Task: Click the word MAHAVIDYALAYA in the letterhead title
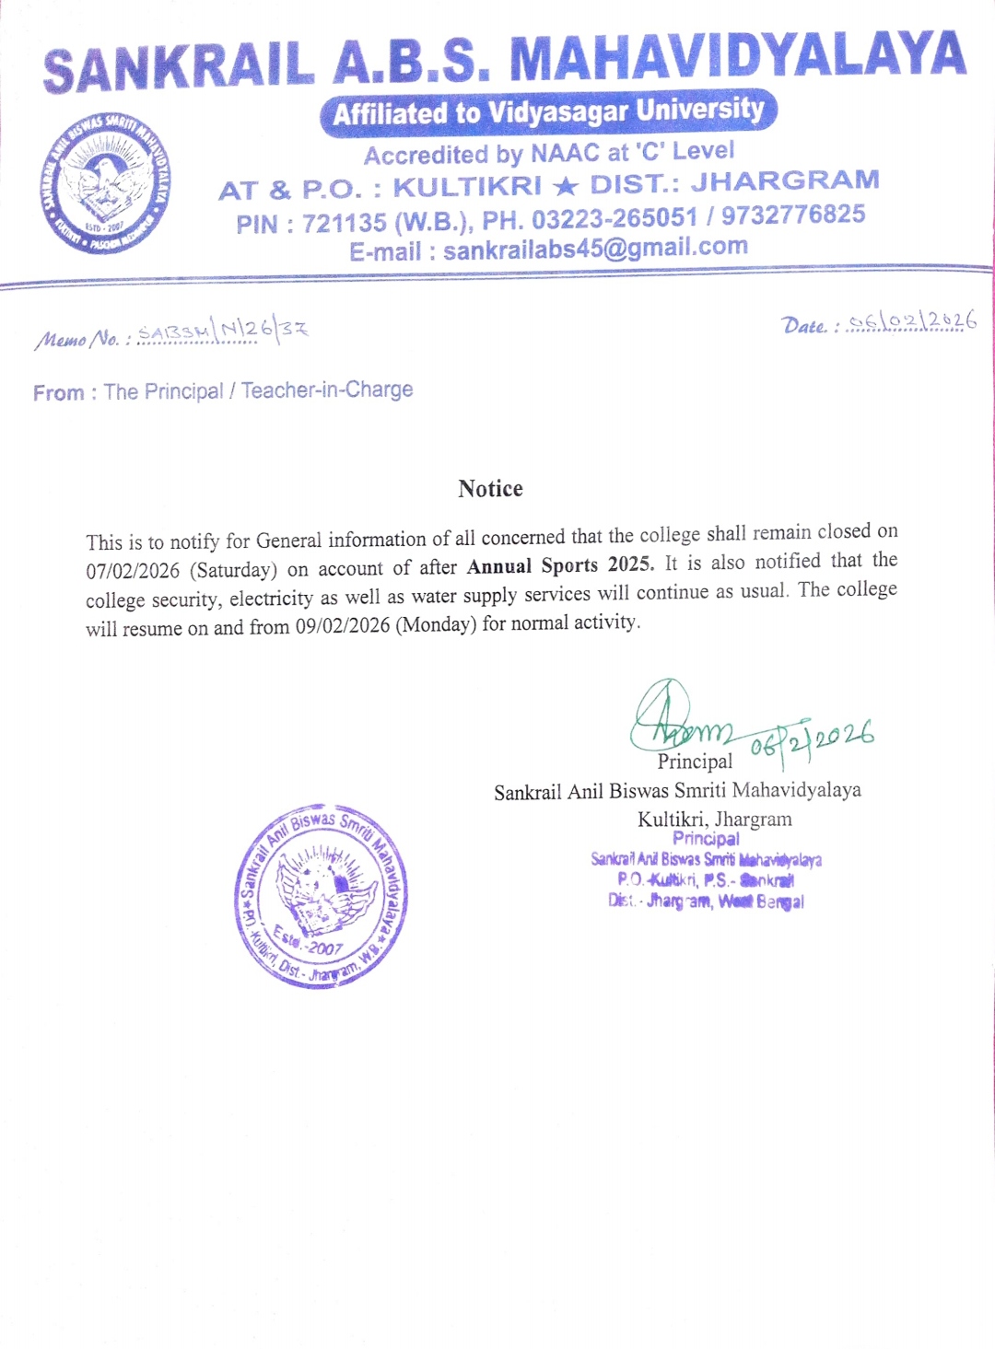pyautogui.click(x=737, y=57)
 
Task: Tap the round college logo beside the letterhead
pyautogui.click(x=106, y=184)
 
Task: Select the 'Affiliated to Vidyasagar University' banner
pyautogui.click(x=548, y=112)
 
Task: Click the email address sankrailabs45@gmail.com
pyautogui.click(x=595, y=248)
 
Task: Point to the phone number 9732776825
pyautogui.click(x=793, y=215)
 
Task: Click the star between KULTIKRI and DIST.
pyautogui.click(x=566, y=186)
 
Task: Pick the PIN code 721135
pyautogui.click(x=344, y=223)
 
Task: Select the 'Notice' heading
pyautogui.click(x=490, y=489)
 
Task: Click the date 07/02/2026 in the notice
pyautogui.click(x=133, y=571)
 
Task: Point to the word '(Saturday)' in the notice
pyautogui.click(x=233, y=570)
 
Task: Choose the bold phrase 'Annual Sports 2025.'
pyautogui.click(x=560, y=565)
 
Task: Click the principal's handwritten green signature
pyautogui.click(x=677, y=718)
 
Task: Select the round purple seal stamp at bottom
pyautogui.click(x=321, y=896)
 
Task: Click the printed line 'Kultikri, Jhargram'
pyautogui.click(x=714, y=819)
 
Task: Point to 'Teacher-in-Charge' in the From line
pyautogui.click(x=327, y=390)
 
